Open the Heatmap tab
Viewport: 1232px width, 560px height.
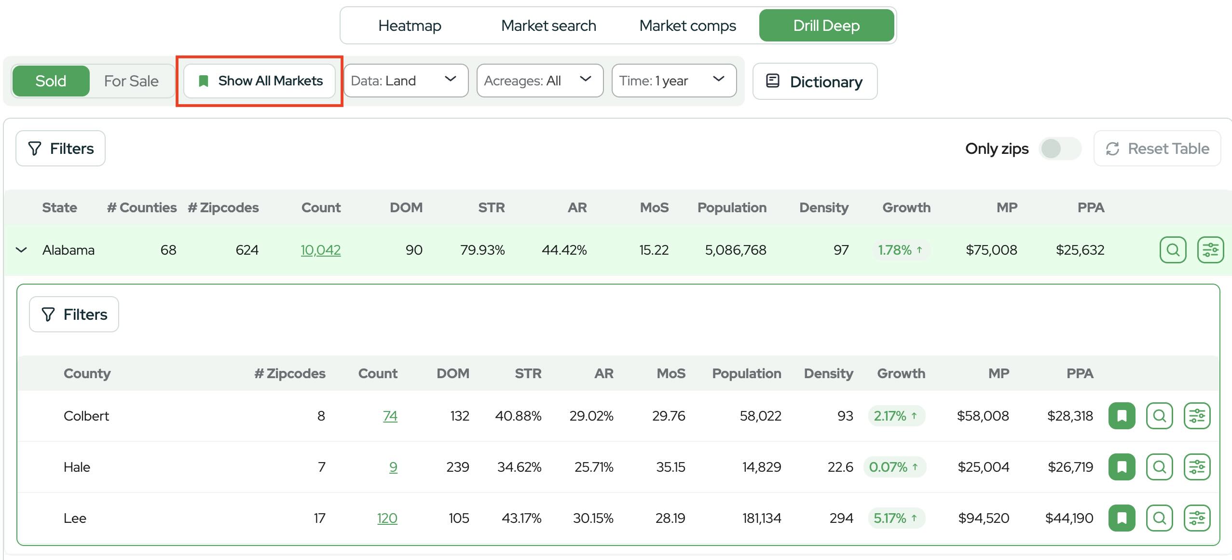click(410, 26)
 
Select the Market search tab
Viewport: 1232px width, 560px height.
click(548, 26)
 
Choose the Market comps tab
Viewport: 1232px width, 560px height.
click(687, 26)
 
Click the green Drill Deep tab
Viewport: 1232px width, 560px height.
click(826, 26)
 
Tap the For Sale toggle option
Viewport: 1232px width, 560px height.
click(131, 81)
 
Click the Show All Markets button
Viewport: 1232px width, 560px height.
click(260, 81)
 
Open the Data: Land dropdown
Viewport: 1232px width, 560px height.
click(406, 81)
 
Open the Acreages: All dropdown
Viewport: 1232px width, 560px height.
click(540, 81)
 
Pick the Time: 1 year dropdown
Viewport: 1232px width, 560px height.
click(674, 81)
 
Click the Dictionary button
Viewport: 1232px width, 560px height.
click(815, 82)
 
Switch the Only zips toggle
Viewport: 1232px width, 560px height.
click(1060, 149)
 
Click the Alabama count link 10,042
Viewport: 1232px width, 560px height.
click(321, 250)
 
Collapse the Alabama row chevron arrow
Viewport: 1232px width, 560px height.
click(21, 250)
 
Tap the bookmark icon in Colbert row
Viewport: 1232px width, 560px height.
click(1122, 416)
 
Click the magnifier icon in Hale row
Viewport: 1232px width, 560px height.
click(1159, 467)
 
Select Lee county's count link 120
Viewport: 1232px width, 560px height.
click(387, 518)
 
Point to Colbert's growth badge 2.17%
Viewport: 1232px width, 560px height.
click(896, 416)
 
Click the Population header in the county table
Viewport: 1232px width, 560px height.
click(746, 373)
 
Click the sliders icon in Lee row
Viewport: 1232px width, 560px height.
click(1197, 518)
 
